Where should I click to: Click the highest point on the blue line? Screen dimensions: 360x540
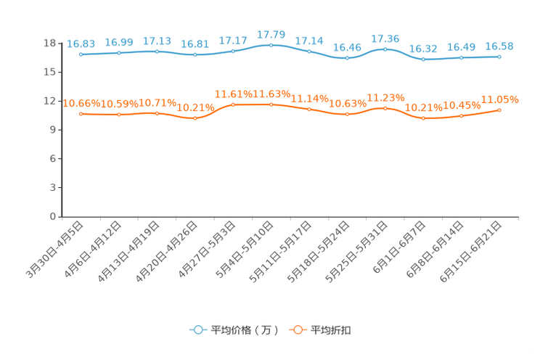point(271,45)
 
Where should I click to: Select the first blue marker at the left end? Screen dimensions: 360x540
point(81,54)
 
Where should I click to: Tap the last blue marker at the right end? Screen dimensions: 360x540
point(499,56)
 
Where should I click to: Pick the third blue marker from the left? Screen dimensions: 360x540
point(157,51)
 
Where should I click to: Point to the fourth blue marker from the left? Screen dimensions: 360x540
point(195,54)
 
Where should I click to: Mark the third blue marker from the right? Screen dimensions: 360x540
point(423,59)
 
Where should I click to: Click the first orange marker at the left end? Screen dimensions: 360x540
point(81,114)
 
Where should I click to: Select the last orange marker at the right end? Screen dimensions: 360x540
point(499,110)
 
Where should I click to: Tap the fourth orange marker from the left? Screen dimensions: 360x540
point(195,118)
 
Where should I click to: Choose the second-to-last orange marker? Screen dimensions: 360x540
point(461,115)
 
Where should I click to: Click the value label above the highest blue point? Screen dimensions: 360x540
point(271,34)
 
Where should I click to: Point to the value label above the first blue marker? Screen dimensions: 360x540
point(81,44)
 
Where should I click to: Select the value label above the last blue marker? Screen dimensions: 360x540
point(499,46)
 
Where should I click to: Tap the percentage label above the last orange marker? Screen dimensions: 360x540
point(499,99)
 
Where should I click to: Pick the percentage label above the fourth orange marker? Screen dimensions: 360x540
point(195,107)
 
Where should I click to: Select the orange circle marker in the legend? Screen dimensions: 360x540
point(298,330)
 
